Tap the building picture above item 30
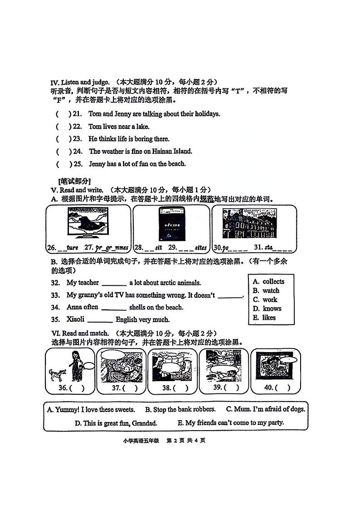[253, 224]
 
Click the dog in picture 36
[57, 374]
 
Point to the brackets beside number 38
[180, 388]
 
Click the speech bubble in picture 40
[288, 360]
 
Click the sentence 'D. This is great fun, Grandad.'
[116, 423]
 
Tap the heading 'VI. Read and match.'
[78, 333]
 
